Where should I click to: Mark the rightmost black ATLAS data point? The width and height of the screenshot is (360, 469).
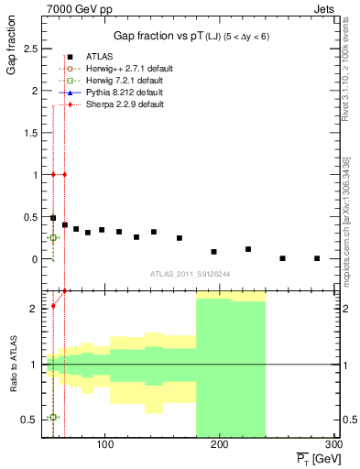coord(317,258)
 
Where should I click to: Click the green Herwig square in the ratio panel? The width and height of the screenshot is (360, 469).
coord(54,417)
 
